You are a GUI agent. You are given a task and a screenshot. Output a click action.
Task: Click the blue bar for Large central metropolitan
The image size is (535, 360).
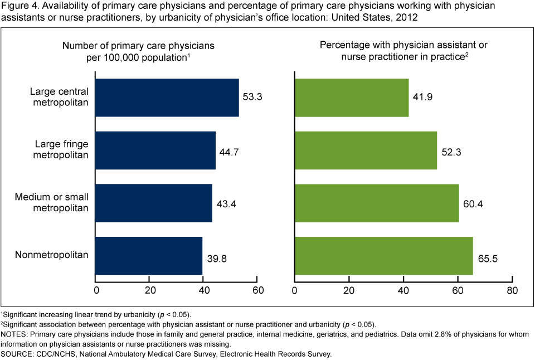pyautogui.click(x=167, y=98)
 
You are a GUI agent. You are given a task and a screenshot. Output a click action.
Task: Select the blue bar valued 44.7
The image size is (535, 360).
pyautogui.click(x=155, y=150)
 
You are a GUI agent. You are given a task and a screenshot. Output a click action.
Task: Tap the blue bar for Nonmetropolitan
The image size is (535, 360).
pyautogui.click(x=149, y=256)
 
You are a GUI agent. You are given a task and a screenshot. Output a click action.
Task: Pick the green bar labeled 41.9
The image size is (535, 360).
pyautogui.click(x=351, y=98)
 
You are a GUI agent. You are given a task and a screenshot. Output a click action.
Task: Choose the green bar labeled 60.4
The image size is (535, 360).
pyautogui.click(x=376, y=203)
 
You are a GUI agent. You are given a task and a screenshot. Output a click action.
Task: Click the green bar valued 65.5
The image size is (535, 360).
pyautogui.click(x=383, y=256)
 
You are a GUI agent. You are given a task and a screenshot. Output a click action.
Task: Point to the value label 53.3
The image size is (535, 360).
pyautogui.click(x=253, y=96)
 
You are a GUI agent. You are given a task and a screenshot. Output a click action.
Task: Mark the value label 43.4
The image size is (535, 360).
pyautogui.click(x=226, y=202)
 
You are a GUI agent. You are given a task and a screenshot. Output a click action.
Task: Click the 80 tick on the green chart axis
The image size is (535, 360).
pyautogui.click(x=512, y=290)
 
